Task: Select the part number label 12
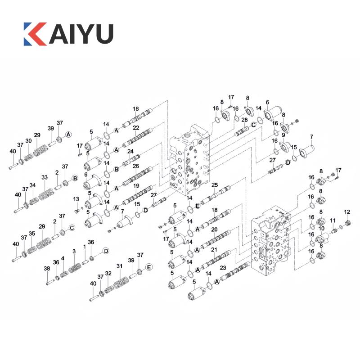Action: (x=347, y=212)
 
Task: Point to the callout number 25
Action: (x=215, y=185)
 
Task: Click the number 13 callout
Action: (x=76, y=199)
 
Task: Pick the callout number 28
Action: (x=244, y=120)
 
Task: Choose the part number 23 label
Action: (x=223, y=268)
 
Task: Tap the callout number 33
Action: (x=44, y=177)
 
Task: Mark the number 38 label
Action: (x=47, y=268)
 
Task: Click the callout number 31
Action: (x=119, y=266)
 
